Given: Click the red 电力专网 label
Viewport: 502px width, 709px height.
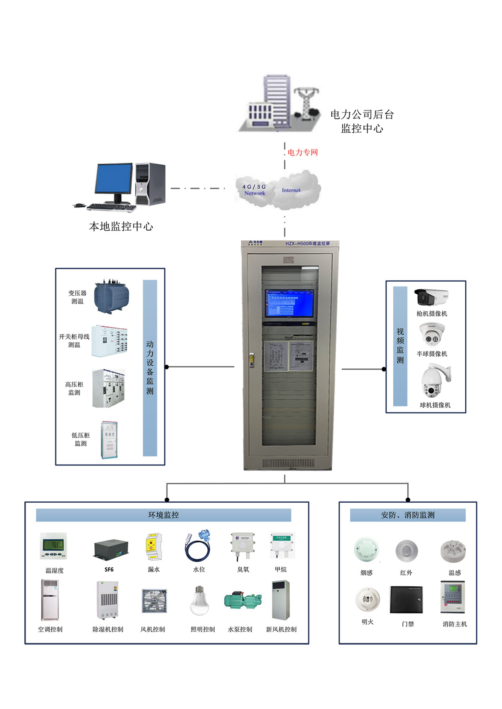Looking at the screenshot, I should click(303, 152).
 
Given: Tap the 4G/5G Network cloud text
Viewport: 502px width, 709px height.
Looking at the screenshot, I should click(254, 190).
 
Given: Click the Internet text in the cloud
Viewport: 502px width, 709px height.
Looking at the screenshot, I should click(291, 190).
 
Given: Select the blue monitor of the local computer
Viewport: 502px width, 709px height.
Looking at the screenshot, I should click(114, 179).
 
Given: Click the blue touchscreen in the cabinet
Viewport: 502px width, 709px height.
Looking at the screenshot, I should click(289, 303).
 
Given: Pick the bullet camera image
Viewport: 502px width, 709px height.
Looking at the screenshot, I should click(431, 297).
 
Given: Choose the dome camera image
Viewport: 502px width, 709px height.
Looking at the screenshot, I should click(432, 334).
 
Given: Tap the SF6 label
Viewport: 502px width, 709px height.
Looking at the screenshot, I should click(109, 570).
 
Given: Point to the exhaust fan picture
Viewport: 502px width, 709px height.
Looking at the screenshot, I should click(154, 600).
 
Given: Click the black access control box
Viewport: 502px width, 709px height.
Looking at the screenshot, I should click(406, 599).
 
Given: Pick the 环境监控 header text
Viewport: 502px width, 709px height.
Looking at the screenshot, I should click(163, 515).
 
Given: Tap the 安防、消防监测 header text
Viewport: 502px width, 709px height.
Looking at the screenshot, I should click(408, 515).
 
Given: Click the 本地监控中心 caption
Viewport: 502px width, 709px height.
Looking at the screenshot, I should click(121, 226).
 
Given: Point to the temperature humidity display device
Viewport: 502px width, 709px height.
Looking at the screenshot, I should click(54, 545).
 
